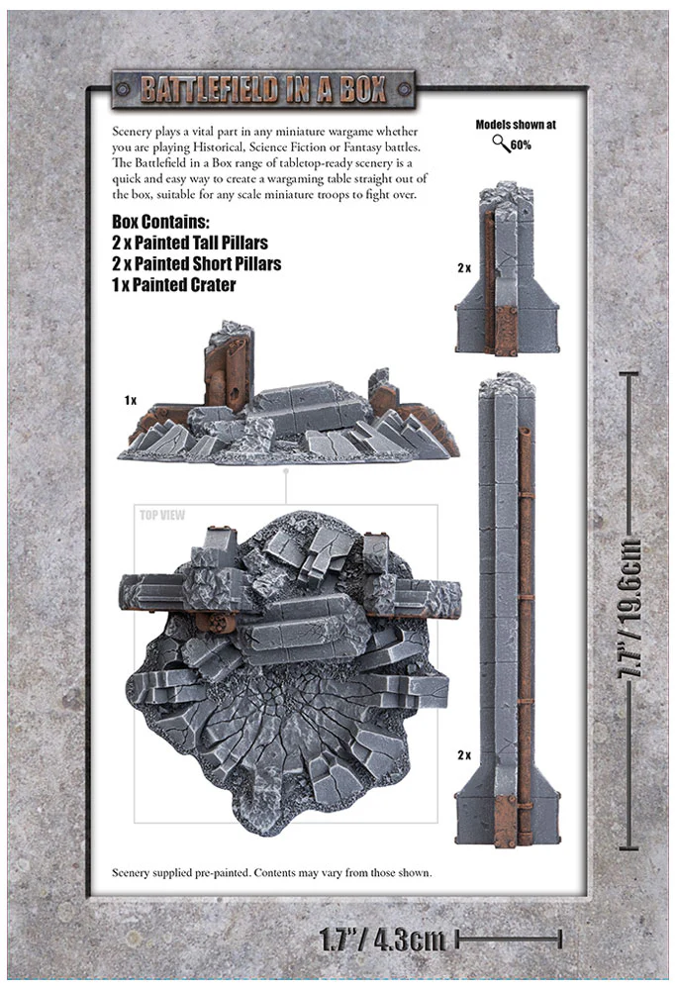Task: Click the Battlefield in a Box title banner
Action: click(263, 89)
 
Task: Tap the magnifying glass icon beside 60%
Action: click(501, 144)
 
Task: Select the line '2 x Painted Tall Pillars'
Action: click(190, 244)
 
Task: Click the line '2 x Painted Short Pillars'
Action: click(196, 264)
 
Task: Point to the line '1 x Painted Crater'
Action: click(173, 285)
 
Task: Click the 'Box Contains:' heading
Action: click(160, 222)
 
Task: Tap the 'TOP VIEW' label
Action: click(162, 515)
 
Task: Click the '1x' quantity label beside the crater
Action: click(130, 400)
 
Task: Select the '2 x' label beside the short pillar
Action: click(464, 268)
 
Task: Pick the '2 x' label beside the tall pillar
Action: click(464, 755)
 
